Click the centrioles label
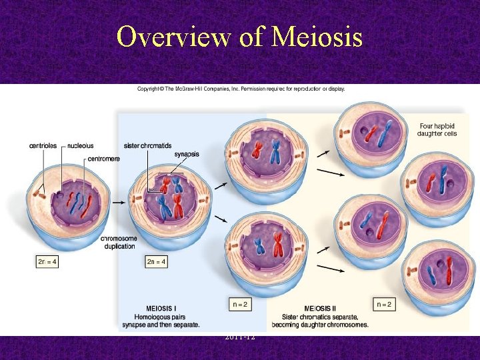pyautogui.click(x=43, y=145)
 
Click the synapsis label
pyautogui.click(x=187, y=154)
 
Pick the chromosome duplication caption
pyautogui.click(x=119, y=242)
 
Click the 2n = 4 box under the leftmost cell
pyautogui.click(x=47, y=262)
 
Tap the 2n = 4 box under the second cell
pyautogui.click(x=155, y=262)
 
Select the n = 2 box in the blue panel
pyautogui.click(x=241, y=305)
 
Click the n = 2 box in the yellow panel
pyautogui.click(x=385, y=305)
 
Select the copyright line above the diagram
pyautogui.click(x=241, y=89)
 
